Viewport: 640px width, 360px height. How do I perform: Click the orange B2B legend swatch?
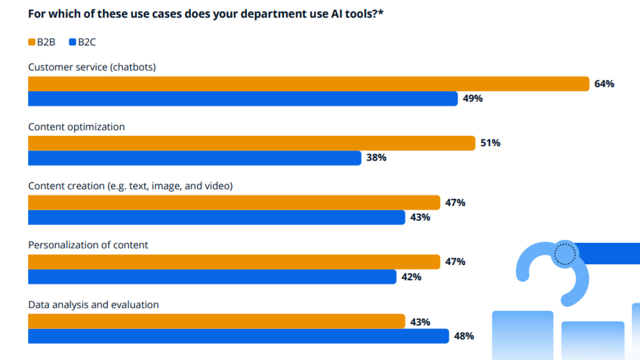[x=32, y=42]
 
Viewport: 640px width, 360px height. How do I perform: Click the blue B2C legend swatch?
[x=72, y=42]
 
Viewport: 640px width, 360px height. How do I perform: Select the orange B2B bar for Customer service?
[x=308, y=84]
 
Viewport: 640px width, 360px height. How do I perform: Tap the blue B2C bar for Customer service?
[x=243, y=99]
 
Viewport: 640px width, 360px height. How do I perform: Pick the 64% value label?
[x=604, y=84]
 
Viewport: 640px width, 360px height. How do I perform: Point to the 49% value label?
[x=473, y=99]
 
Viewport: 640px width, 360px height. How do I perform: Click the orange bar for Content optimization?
[x=252, y=143]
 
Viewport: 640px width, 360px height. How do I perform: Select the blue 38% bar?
[x=194, y=158]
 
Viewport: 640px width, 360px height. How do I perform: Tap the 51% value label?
[x=490, y=143]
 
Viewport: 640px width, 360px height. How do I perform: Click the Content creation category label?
[x=130, y=186]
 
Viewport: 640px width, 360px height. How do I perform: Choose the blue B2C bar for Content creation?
[x=216, y=217]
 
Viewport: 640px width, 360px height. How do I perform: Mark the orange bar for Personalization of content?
[x=234, y=262]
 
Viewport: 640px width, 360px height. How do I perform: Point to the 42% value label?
[x=411, y=277]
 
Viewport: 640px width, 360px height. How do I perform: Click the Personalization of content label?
[x=88, y=245]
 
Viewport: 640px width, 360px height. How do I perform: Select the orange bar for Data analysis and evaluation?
[x=216, y=321]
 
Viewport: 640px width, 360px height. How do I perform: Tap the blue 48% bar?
[x=238, y=336]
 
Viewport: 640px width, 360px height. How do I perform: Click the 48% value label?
[x=464, y=336]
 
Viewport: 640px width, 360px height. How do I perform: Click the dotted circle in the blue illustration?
[x=565, y=254]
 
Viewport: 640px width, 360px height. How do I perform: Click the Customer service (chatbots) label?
[x=92, y=67]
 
